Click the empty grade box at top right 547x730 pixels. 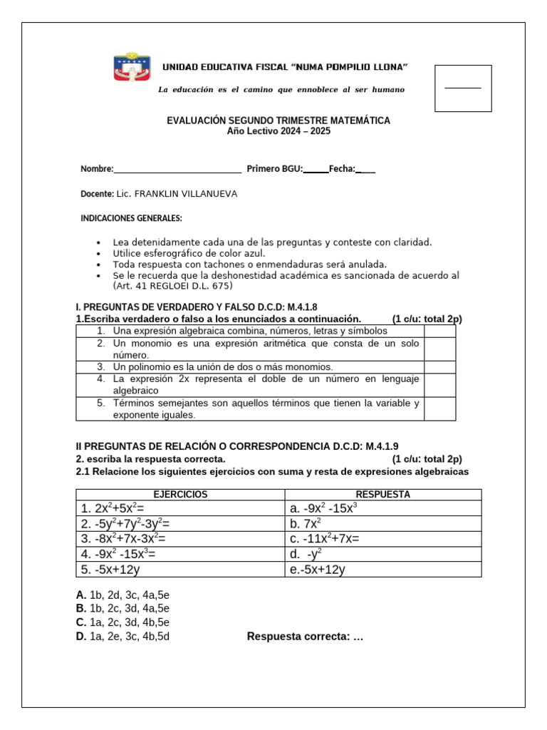[463, 88]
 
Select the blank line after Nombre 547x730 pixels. [177, 170]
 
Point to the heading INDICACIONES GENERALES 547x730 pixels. [131, 218]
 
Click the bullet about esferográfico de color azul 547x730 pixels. [188, 253]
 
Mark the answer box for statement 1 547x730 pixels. [439, 331]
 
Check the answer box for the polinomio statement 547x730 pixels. [439, 366]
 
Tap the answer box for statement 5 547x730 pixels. [439, 408]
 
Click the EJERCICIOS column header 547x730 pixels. [180, 494]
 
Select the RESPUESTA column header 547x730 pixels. [383, 494]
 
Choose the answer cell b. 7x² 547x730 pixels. [307, 523]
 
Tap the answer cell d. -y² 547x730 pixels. [306, 553]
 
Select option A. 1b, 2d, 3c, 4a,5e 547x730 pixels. [123, 595]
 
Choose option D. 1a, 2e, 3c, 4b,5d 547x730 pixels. [123, 637]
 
